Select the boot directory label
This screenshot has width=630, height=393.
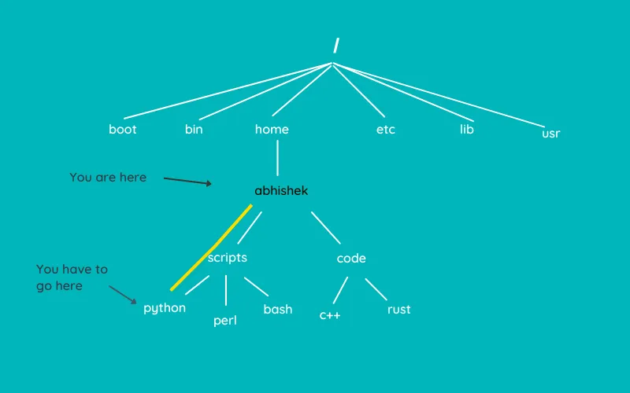point(123,130)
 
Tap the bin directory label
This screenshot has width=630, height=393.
point(194,130)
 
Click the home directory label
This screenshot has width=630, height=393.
point(272,130)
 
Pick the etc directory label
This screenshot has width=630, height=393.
point(386,130)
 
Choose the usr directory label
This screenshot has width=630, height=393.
point(551,134)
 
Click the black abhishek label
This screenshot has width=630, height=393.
point(281,191)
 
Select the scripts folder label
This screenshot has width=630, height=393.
point(228,258)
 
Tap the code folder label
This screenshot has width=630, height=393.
point(351,259)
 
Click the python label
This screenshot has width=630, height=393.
point(165,308)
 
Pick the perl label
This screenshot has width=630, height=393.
point(225,321)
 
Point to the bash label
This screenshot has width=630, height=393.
point(278,310)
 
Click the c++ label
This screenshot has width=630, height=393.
point(330,315)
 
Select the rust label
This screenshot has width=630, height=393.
point(399,310)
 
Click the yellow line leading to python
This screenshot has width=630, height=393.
point(211,248)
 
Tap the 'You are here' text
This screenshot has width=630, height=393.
point(108,178)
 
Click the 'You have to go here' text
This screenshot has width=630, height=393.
point(72,277)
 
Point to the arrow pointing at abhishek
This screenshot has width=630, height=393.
point(187,181)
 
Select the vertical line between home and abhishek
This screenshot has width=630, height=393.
point(277,158)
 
